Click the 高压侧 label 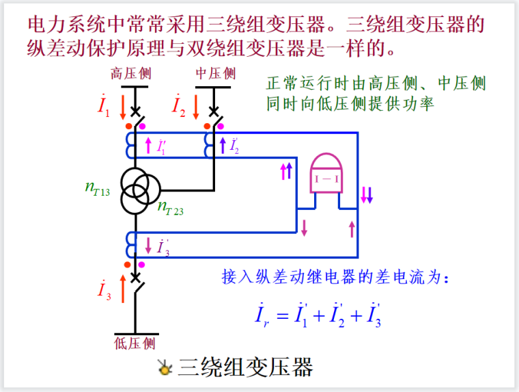pyautogui.click(x=130, y=73)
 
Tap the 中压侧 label pyautogui.click(x=215, y=73)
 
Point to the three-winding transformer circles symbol pyautogui.click(x=141, y=191)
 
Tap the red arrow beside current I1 pyautogui.click(x=123, y=107)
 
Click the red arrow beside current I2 pyautogui.click(x=197, y=107)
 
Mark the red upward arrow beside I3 pyautogui.click(x=123, y=288)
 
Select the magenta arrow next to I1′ pyautogui.click(x=149, y=145)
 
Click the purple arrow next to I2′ pyautogui.click(x=222, y=145)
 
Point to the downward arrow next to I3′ pyautogui.click(x=148, y=245)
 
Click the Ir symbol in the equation pyautogui.click(x=259, y=316)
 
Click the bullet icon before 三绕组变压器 pyautogui.click(x=164, y=368)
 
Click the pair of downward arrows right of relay pyautogui.click(x=367, y=194)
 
